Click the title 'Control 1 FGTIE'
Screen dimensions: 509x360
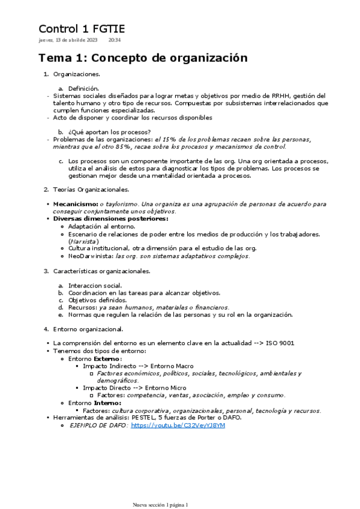pyautogui.click(x=82, y=29)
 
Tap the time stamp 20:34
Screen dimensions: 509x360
pyautogui.click(x=115, y=40)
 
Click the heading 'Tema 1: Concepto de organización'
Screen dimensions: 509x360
pyautogui.click(x=143, y=58)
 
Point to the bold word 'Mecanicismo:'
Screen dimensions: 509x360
pyautogui.click(x=76, y=204)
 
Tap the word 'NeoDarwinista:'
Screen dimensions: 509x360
pyautogui.click(x=91, y=256)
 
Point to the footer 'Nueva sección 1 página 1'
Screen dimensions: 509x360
pyautogui.click(x=160, y=505)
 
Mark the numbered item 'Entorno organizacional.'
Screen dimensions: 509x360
pyautogui.click(x=88, y=329)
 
